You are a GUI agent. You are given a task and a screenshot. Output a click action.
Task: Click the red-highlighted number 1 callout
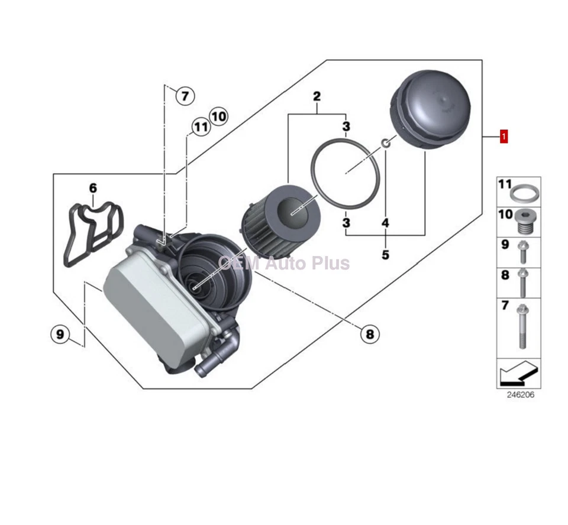tap(504, 137)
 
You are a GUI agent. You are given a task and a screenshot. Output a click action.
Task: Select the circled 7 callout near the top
tap(185, 95)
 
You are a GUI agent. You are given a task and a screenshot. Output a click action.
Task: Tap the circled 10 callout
tap(218, 116)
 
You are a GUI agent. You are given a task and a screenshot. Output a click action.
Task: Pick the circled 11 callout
tap(201, 127)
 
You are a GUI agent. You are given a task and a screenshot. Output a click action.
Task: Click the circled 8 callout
tap(370, 335)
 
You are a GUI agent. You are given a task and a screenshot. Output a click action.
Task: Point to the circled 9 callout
tap(60, 335)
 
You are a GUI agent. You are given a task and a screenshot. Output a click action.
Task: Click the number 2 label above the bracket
tap(317, 96)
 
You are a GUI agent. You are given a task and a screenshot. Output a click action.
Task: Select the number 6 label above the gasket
tap(93, 188)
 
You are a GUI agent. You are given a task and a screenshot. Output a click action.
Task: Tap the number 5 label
tap(385, 255)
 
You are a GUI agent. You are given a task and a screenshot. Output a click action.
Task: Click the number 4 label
tap(385, 223)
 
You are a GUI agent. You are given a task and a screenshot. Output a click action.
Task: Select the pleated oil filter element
tap(280, 227)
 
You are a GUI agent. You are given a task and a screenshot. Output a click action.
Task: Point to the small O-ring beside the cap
tap(385, 143)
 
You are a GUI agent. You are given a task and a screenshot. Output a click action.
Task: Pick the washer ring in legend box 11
tap(524, 193)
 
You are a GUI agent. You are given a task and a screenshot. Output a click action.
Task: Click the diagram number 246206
tap(520, 395)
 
